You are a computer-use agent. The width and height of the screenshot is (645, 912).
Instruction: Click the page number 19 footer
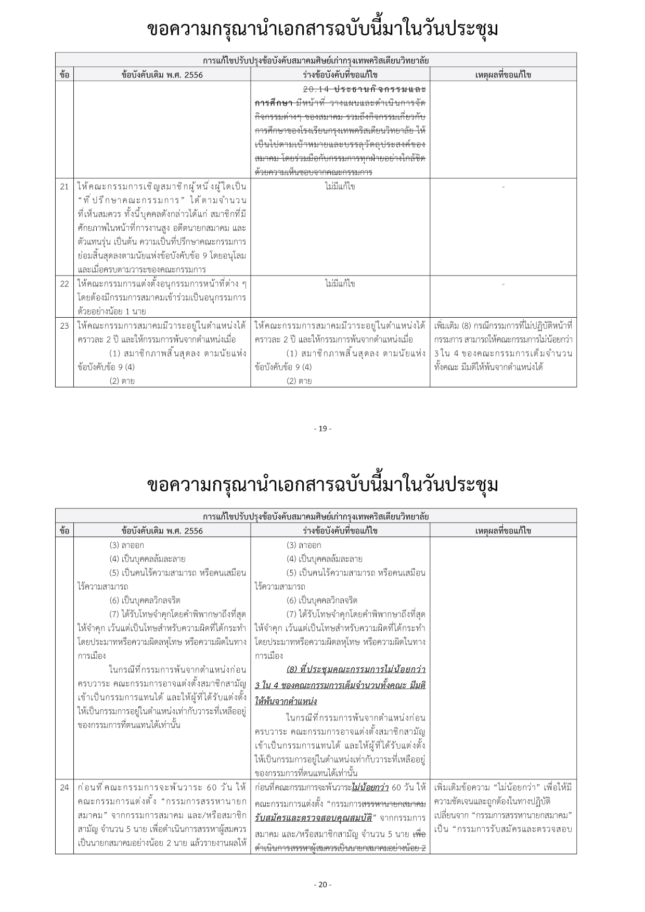click(x=322, y=429)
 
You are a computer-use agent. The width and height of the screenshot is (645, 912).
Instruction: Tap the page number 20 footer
click(x=322, y=884)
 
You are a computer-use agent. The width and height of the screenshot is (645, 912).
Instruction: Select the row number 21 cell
click(x=64, y=186)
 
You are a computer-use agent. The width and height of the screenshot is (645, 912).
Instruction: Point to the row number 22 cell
click(x=64, y=284)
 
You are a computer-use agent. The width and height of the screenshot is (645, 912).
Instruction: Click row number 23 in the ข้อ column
click(x=64, y=326)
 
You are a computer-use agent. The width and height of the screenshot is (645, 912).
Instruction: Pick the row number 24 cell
click(x=64, y=787)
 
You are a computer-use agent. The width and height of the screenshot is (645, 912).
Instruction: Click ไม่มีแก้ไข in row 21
click(x=340, y=186)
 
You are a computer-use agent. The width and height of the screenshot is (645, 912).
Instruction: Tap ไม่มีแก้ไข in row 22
click(x=340, y=284)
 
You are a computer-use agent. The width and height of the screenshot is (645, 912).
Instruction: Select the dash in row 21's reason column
click(x=503, y=186)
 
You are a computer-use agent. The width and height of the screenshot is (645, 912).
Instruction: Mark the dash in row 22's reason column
click(x=503, y=284)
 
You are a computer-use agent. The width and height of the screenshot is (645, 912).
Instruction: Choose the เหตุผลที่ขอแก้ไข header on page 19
click(x=503, y=75)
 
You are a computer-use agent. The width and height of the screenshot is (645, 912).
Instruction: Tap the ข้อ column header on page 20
click(x=64, y=531)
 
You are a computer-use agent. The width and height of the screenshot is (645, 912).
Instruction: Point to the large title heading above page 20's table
click(x=322, y=485)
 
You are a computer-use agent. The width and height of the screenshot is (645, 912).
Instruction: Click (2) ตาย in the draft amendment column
click(x=299, y=381)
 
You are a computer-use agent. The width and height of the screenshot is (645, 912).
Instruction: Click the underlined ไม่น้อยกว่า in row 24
click(x=370, y=787)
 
